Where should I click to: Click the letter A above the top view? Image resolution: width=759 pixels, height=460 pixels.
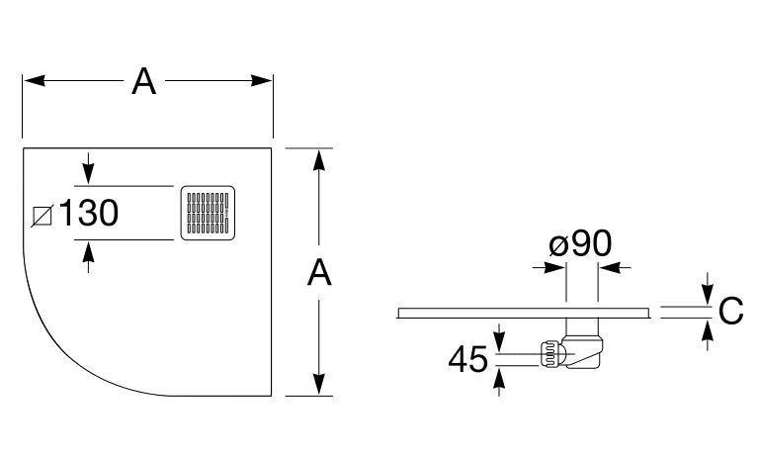145,82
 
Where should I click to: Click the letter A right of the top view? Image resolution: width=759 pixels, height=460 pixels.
318,272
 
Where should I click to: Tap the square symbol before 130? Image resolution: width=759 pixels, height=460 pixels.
42,214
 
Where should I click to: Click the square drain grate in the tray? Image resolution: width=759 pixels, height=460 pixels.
209,212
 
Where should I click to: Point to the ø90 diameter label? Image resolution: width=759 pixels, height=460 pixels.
581,243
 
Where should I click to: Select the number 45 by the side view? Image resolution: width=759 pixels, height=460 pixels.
468,359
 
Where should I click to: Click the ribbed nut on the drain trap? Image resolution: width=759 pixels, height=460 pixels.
547,354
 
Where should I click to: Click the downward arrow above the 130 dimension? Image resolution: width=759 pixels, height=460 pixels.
89,175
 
